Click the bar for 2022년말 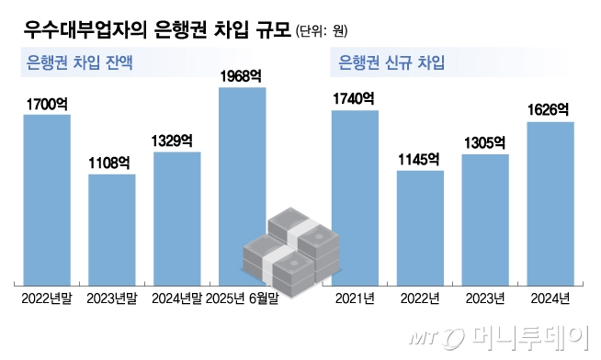[47, 198]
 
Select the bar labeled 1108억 [111, 228]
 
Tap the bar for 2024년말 [176, 217]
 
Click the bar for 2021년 [355, 197]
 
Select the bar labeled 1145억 [420, 227]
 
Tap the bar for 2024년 [550, 202]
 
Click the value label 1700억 [47, 104]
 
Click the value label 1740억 [355, 99]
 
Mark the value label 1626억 [550, 110]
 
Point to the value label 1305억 [484, 143]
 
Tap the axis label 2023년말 [111, 298]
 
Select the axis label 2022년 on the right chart [420, 298]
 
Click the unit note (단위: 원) [322, 31]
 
